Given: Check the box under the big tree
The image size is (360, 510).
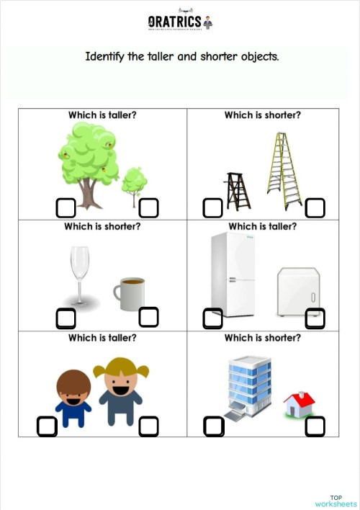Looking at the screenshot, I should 66,208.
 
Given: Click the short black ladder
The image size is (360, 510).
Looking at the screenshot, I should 237,190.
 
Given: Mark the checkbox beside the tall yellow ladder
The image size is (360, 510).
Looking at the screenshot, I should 315,208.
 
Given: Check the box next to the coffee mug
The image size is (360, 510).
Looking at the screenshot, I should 148,316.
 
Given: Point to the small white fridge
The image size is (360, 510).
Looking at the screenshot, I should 297,291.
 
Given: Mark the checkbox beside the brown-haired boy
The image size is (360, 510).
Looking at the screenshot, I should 47,426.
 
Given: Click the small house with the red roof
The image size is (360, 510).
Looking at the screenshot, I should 299,404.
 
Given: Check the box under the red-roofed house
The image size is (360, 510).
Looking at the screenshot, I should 315,426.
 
